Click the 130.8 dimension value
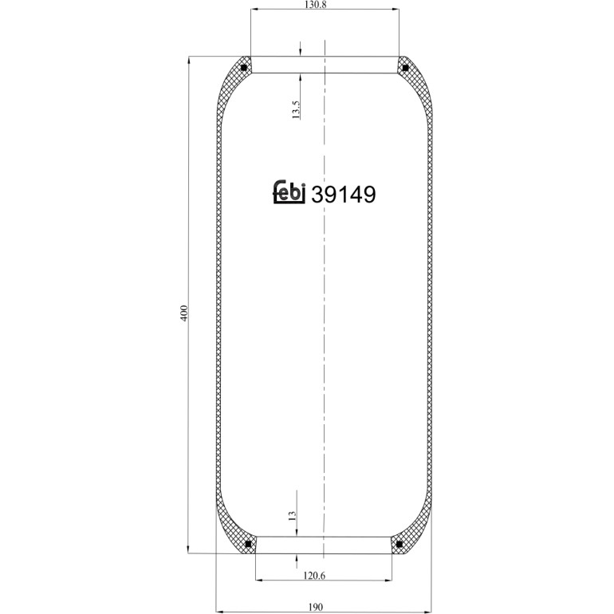pyautogui.click(x=315, y=5)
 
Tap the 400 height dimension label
pyautogui.click(x=184, y=313)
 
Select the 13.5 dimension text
pyautogui.click(x=296, y=109)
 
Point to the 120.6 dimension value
pyautogui.click(x=314, y=575)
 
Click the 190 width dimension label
pyautogui.click(x=315, y=607)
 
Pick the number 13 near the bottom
pyautogui.click(x=292, y=515)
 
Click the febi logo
pyautogui.click(x=289, y=192)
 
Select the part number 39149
pyautogui.click(x=344, y=195)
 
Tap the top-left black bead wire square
pyautogui.click(x=244, y=68)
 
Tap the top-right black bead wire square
pyautogui.click(x=405, y=68)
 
